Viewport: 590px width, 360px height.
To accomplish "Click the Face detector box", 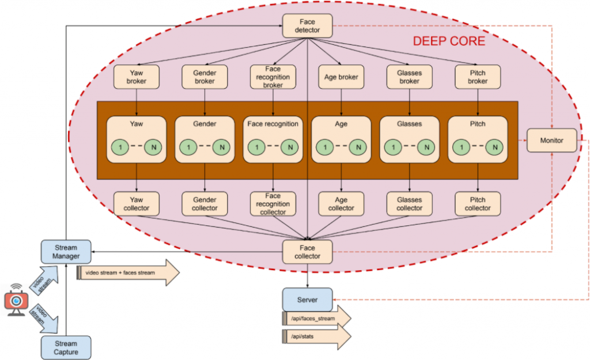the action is (308, 26).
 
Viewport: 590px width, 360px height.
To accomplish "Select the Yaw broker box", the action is (136, 77).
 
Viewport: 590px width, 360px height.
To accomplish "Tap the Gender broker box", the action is (205, 77).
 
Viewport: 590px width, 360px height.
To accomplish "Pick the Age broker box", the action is (341, 77).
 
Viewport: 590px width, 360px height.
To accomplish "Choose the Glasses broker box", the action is (410, 77).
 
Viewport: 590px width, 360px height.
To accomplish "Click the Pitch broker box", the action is (478, 77).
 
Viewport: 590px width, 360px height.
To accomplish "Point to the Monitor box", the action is (551, 141).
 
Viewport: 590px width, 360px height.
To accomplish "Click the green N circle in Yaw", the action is (153, 147).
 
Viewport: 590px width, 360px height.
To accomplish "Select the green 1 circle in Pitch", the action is (462, 147).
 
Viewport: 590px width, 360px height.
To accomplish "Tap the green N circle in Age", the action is (358, 147).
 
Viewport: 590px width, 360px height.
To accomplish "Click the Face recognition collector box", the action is (273, 204).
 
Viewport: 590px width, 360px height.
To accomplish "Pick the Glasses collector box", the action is (410, 204).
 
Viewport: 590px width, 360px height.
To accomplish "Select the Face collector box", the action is (308, 252).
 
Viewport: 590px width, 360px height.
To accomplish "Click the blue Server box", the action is (308, 300).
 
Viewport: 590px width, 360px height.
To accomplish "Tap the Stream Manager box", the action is (66, 252).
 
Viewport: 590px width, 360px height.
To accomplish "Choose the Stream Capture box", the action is (66, 347).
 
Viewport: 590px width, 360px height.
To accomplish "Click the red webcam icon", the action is (16, 300).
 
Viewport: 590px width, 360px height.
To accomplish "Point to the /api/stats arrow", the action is (316, 336).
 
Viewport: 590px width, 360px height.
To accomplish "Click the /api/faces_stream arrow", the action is (316, 319).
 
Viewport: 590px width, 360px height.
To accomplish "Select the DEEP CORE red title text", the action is (449, 41).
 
